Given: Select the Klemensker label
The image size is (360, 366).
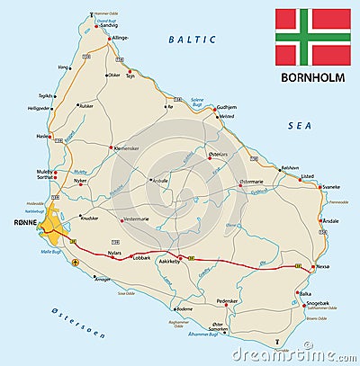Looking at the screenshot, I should (129, 147).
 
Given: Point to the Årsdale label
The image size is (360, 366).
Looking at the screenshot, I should (331, 220).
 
